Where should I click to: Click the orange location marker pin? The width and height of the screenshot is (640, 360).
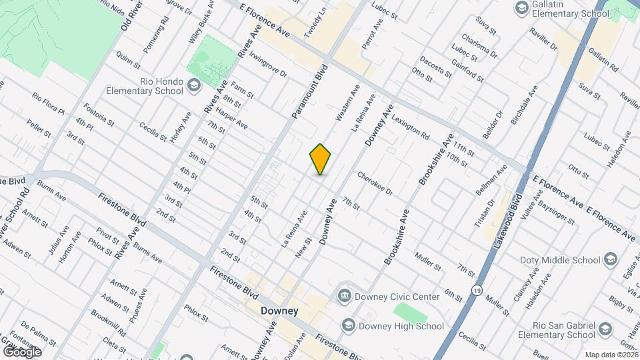321,159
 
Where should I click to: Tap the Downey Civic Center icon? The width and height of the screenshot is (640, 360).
345,296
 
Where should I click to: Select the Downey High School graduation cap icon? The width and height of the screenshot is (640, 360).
348,325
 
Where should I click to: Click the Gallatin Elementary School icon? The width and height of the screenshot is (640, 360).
521,9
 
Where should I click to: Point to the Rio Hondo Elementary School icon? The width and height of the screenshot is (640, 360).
193,85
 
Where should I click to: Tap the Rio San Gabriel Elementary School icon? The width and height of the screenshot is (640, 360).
604,330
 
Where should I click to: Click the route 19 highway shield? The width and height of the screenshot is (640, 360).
476,291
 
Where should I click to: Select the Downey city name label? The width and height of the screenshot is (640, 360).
279,311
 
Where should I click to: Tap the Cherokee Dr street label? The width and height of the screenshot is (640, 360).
376,183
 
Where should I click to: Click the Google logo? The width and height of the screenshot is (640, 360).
22,351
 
